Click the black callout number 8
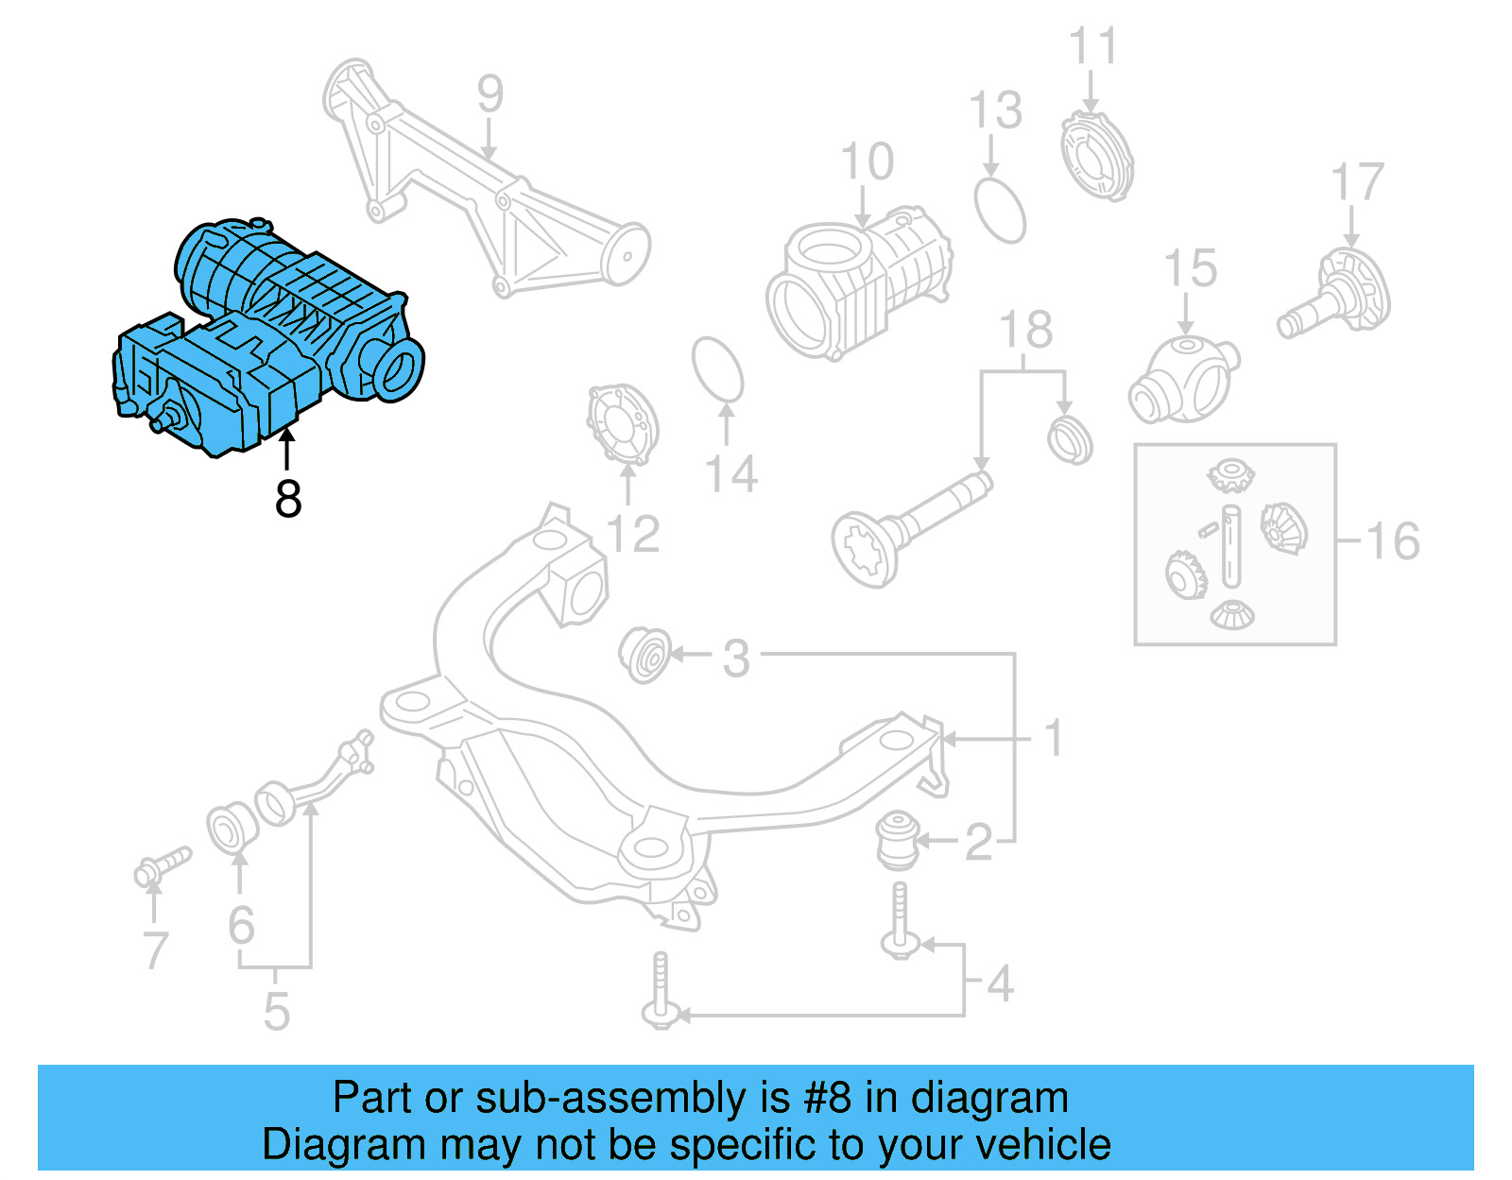[288, 499]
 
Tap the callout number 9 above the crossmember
[490, 94]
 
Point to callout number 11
[1092, 47]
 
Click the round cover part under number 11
[1096, 156]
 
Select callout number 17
[1357, 182]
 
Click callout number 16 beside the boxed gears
[1393, 541]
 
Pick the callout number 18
[1026, 330]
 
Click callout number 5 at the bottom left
[276, 1011]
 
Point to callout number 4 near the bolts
[1000, 983]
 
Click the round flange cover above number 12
[622, 424]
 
